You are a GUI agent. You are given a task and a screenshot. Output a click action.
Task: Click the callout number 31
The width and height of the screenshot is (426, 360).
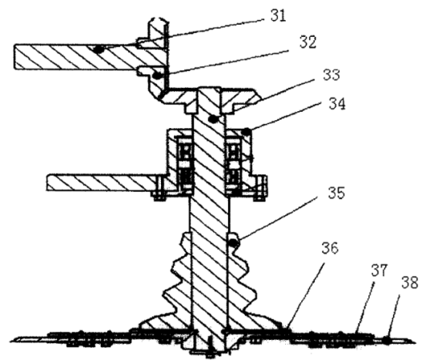click(x=278, y=15)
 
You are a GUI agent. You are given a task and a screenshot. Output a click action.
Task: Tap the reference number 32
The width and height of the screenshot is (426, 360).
click(x=308, y=42)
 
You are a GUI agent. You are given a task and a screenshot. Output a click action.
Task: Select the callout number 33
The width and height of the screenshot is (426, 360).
click(x=332, y=74)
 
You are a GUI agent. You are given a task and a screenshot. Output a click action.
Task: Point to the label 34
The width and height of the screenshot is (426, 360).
click(x=337, y=104)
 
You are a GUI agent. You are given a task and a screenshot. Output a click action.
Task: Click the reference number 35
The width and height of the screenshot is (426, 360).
click(x=336, y=193)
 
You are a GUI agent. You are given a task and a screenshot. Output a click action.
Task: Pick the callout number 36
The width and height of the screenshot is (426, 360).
click(x=330, y=248)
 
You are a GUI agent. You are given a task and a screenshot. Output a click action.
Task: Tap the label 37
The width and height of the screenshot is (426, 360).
click(x=379, y=270)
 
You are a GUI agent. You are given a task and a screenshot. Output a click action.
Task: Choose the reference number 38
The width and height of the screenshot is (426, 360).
click(x=410, y=282)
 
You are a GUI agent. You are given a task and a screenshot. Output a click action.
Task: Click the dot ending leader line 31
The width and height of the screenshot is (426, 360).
click(x=99, y=50)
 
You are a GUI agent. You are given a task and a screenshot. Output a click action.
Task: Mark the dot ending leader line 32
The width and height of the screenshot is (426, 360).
click(x=157, y=75)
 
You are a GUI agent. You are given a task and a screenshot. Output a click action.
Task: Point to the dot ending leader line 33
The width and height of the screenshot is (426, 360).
click(x=214, y=119)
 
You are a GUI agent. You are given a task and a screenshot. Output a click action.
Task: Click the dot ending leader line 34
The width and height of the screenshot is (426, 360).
click(x=246, y=132)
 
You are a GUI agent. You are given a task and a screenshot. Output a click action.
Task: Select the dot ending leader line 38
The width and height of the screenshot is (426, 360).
click(x=386, y=339)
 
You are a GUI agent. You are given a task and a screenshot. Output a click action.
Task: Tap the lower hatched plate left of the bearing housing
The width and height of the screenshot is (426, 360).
click(x=101, y=182)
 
